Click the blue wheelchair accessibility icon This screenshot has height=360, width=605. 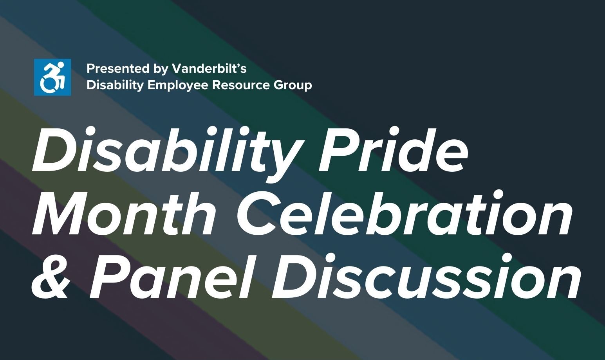(52, 77)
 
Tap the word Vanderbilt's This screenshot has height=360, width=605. (209, 69)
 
